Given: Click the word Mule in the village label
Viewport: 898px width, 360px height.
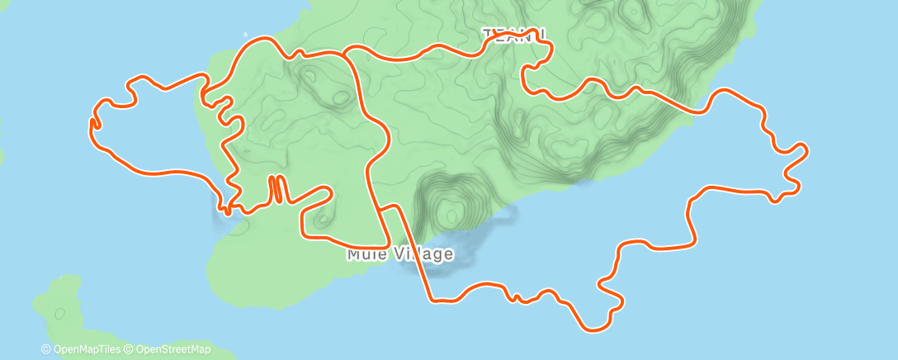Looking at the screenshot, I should point(364,254).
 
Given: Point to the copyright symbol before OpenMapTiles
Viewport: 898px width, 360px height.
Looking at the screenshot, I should point(45,350).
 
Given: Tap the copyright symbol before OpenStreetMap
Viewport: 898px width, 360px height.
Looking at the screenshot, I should point(130,350).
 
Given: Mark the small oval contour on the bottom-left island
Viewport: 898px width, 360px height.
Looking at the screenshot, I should point(59,313).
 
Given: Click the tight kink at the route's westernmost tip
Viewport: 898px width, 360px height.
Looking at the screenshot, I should point(92,123).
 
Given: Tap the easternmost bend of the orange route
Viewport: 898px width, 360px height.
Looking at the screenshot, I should point(805,150).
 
